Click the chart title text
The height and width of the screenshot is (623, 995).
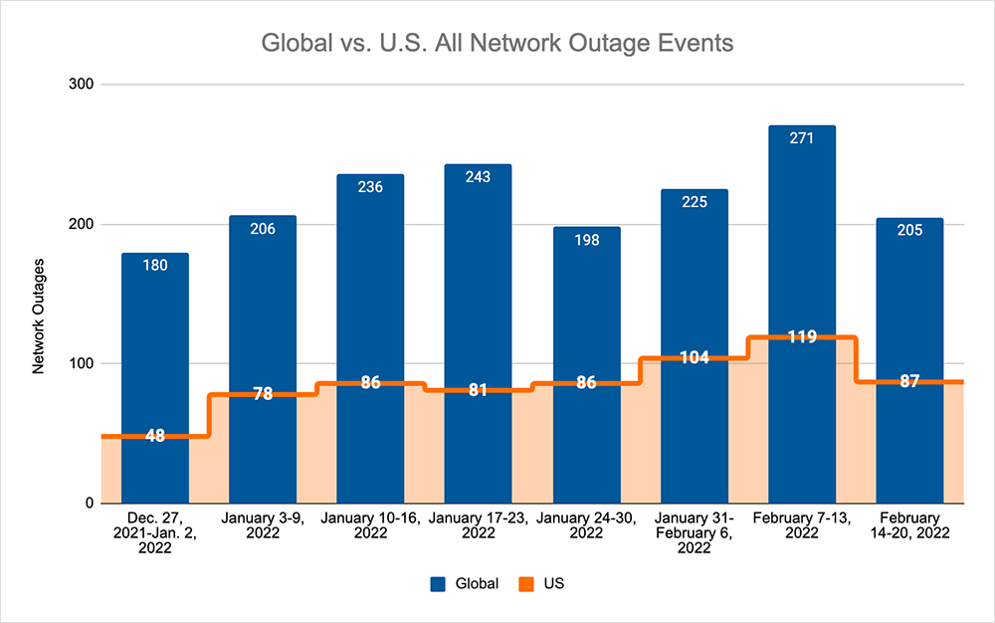497,45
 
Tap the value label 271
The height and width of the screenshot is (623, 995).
802,138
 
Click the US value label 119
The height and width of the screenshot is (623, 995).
802,336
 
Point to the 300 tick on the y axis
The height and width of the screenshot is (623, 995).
81,85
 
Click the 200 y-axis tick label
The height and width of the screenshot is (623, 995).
81,224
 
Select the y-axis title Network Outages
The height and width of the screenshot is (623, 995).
39,315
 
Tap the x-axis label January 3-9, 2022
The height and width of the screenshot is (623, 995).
263,525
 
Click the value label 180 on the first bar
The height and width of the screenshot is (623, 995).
155,266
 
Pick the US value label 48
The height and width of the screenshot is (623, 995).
155,435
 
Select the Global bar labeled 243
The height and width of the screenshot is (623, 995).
478,279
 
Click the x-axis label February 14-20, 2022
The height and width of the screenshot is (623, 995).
909,525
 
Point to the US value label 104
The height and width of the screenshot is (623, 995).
695,357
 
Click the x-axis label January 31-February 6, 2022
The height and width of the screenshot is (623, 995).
695,532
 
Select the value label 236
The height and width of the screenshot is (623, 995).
370,187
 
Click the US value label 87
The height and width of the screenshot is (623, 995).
909,381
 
